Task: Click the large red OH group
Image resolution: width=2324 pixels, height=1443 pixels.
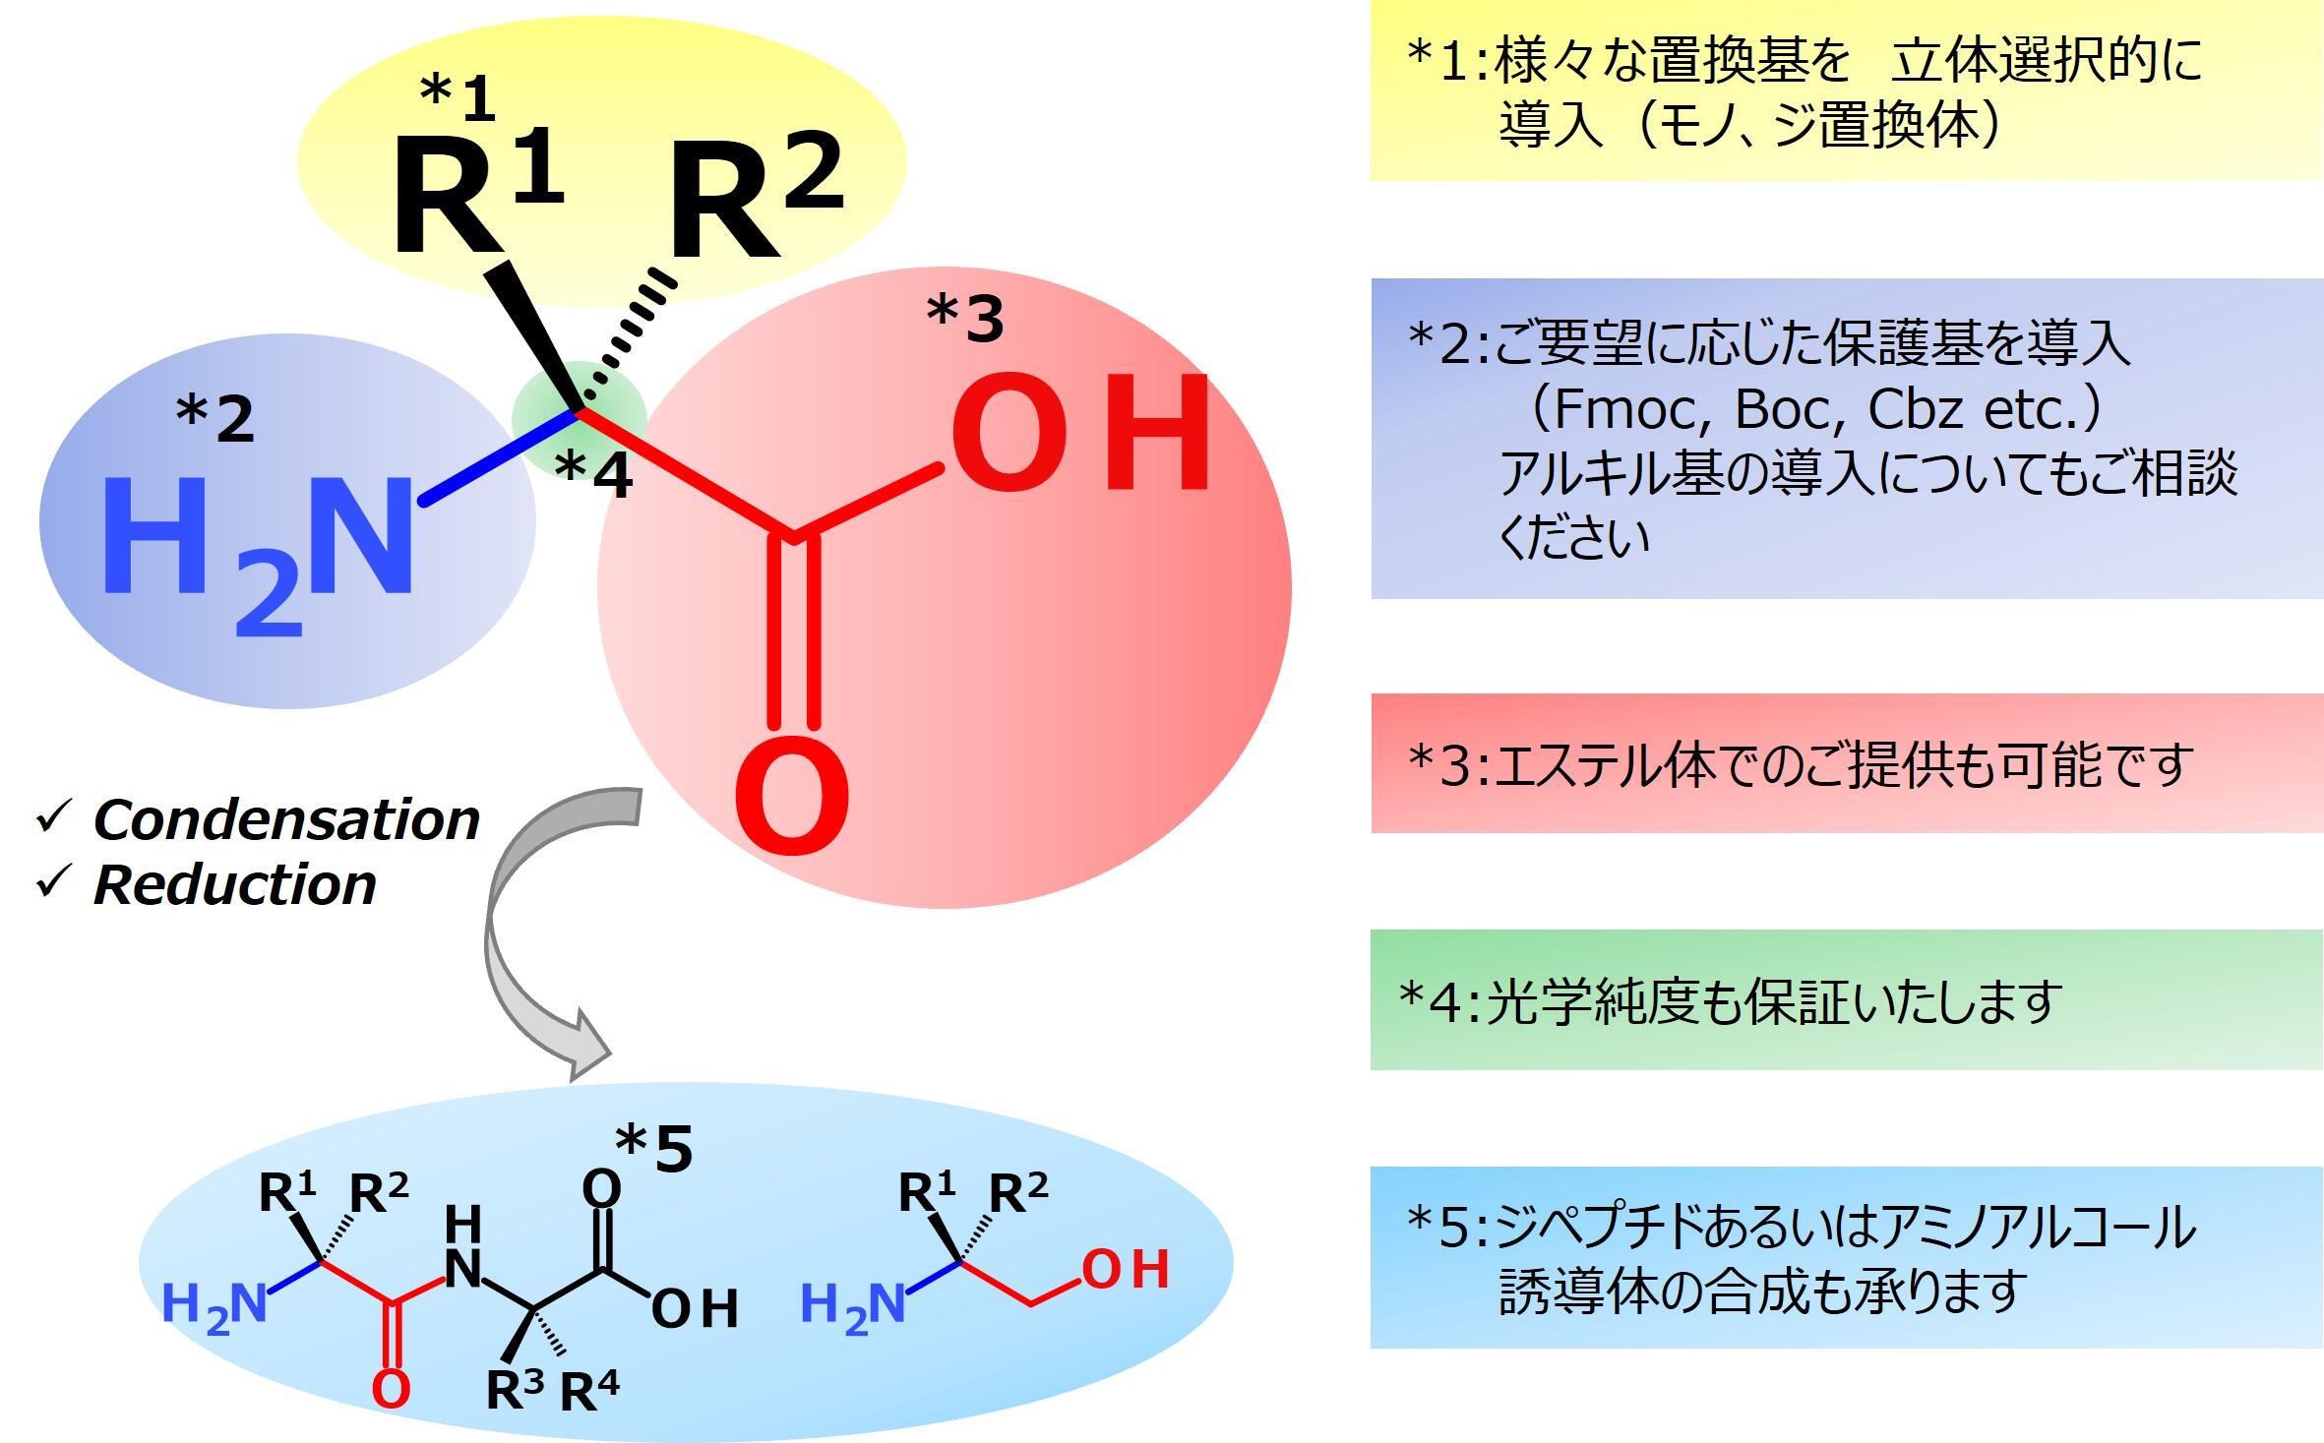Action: click(x=1080, y=433)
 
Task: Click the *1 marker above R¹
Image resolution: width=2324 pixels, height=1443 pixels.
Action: click(x=458, y=99)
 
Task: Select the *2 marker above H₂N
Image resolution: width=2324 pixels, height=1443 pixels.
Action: click(x=214, y=418)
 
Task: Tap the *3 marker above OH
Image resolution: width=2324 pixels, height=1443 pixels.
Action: click(x=965, y=319)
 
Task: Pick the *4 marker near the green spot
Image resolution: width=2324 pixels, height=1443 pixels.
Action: click(x=593, y=474)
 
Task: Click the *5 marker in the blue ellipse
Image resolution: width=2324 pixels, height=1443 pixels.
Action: click(x=654, y=1148)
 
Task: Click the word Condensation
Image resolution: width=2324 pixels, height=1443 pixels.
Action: click(x=286, y=819)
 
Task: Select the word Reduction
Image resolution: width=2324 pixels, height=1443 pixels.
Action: click(x=235, y=884)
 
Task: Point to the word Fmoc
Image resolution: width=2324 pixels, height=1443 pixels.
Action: click(x=1629, y=409)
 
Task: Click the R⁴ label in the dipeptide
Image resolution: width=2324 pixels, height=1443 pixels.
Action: click(x=590, y=1390)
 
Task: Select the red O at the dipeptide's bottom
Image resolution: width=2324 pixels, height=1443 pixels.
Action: click(x=391, y=1389)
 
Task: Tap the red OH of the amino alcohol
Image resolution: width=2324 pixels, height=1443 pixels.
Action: click(x=1126, y=1269)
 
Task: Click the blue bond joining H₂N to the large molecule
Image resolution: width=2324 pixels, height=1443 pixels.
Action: click(x=501, y=457)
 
